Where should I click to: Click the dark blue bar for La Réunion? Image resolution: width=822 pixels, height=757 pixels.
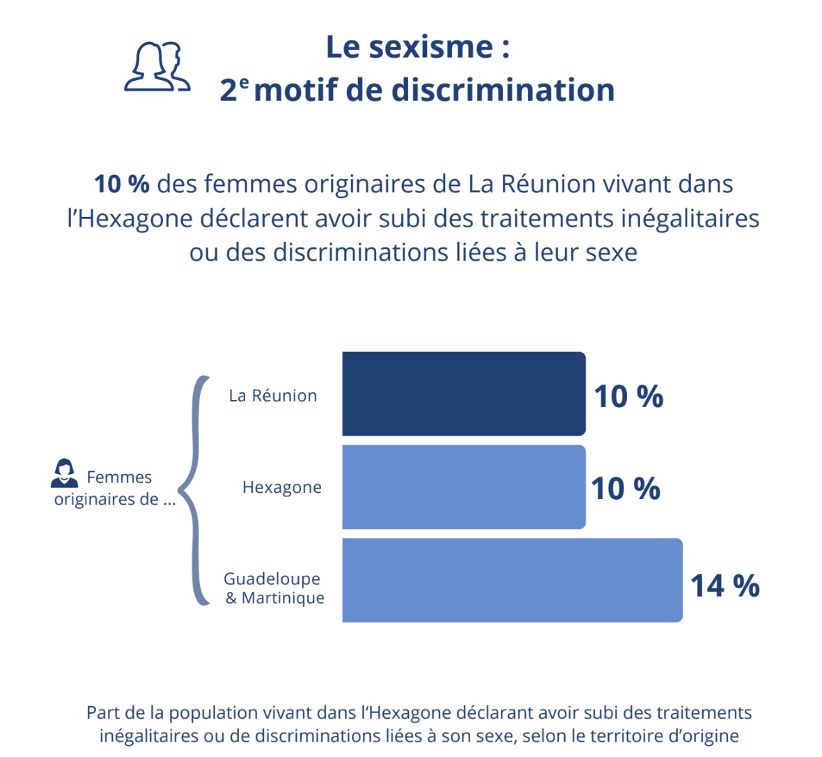(463, 394)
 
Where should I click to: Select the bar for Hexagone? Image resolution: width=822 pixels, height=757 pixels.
(463, 487)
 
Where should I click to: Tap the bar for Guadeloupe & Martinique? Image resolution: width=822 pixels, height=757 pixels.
(512, 580)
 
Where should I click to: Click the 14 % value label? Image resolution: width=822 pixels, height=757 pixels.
(724, 586)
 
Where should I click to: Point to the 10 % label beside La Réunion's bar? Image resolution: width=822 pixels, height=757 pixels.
(628, 397)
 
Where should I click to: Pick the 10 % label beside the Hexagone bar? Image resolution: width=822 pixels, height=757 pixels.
(626, 489)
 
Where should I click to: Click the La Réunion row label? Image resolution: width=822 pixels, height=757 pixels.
(273, 396)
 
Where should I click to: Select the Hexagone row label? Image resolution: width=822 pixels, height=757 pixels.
(282, 487)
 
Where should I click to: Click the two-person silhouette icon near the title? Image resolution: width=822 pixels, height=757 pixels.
(157, 67)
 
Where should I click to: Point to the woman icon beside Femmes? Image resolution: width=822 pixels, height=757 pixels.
(65, 473)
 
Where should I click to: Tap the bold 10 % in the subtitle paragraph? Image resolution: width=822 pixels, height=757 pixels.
(122, 184)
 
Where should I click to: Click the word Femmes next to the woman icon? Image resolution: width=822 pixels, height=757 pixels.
(119, 477)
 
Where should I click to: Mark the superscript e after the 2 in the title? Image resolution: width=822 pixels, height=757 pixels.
(244, 82)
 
